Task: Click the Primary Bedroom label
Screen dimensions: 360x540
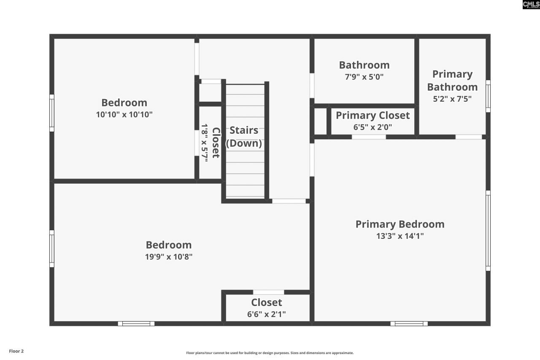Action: (x=400, y=224)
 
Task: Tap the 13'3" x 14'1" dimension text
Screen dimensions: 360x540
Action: (x=400, y=236)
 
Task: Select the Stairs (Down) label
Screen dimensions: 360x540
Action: (x=244, y=137)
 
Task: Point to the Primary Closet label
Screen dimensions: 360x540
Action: (x=373, y=115)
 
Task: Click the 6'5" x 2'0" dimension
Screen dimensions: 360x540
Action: (x=373, y=127)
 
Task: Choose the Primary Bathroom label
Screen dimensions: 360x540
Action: (x=452, y=81)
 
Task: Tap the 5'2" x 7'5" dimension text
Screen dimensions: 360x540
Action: (x=452, y=99)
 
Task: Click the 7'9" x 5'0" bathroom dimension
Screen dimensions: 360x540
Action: (x=364, y=77)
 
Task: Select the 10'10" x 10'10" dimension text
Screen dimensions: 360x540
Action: (x=124, y=114)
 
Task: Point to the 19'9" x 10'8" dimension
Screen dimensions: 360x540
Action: (x=169, y=257)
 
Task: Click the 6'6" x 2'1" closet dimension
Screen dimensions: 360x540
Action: (x=266, y=314)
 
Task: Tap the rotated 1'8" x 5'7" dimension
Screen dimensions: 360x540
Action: (x=205, y=143)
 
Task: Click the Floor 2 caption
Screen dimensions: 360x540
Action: (x=16, y=351)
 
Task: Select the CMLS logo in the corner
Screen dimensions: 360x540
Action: (x=531, y=5)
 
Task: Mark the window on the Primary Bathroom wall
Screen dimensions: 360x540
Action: (x=488, y=96)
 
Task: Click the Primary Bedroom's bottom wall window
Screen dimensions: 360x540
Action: (x=409, y=324)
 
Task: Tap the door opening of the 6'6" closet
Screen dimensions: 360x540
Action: (x=268, y=292)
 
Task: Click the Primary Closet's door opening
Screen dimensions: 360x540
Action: (x=369, y=137)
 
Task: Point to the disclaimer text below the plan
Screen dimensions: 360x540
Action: (x=270, y=353)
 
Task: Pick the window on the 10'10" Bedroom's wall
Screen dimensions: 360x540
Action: (x=52, y=113)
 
